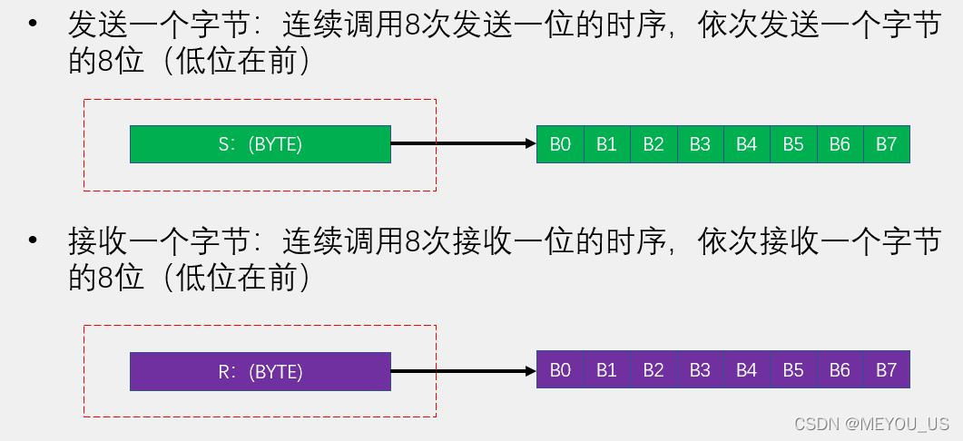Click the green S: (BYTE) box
260,143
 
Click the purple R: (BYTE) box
260,371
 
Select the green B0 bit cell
560,143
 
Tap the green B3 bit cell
700,143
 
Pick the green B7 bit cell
886,143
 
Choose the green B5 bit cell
793,143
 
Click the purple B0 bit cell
560,370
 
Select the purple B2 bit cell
653,370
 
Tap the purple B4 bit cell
746,370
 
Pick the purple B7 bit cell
886,370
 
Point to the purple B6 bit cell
840,370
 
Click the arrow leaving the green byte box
463,143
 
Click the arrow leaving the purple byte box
463,370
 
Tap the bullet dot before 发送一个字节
34,24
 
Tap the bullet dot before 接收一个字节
34,242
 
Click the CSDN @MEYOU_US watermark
871,424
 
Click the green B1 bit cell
606,143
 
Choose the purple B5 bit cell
793,370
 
